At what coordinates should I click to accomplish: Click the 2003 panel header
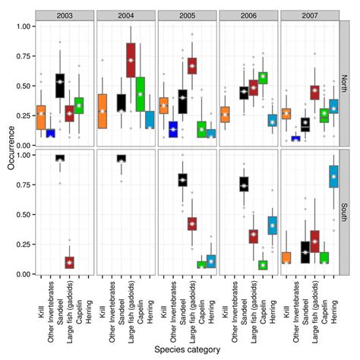65,15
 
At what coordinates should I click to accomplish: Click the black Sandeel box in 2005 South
182,179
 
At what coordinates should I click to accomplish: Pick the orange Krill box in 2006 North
224,114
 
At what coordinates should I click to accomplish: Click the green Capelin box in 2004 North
140,93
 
